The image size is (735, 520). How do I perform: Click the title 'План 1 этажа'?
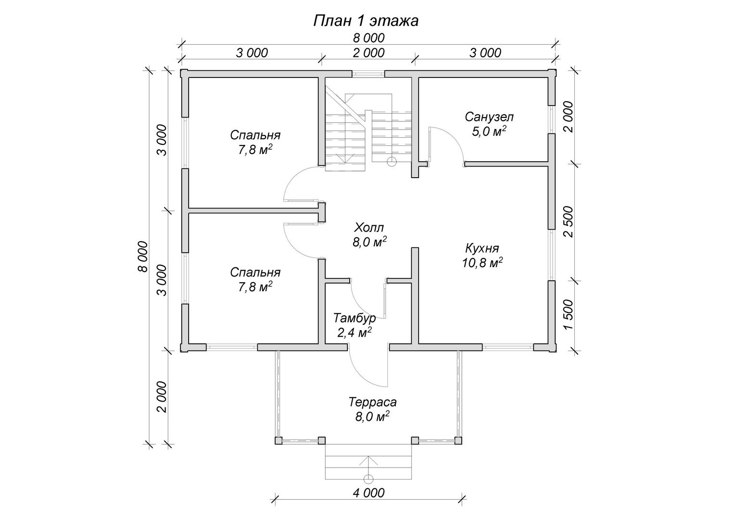point(366,21)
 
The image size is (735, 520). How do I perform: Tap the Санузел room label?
point(489,117)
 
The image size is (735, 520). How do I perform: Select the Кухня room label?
point(482,248)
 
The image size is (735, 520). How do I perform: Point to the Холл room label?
point(369,227)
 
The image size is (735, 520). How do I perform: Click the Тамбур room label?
point(355,318)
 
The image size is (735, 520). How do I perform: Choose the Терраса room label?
point(372,402)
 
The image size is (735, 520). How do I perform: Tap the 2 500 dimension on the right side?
point(568,222)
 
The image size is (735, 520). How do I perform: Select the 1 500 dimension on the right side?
point(568,315)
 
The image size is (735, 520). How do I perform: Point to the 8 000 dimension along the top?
point(368,38)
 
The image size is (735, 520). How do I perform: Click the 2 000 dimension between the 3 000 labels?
point(368,53)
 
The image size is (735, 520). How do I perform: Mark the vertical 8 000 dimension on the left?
point(143,257)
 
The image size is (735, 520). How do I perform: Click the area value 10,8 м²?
point(482,263)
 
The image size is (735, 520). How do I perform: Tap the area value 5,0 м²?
point(489,131)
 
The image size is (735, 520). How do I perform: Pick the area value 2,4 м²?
point(355,333)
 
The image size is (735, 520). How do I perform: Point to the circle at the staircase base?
point(392,162)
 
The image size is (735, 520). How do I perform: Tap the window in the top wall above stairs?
point(368,74)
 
